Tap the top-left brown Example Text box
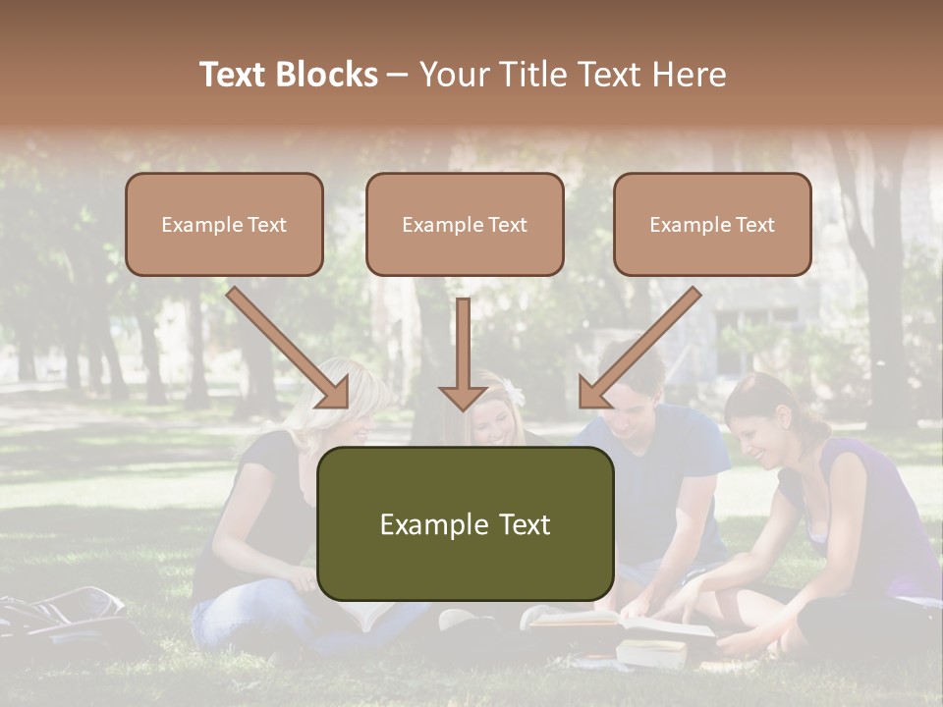224,224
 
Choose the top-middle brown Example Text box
465,224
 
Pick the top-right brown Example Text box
712,224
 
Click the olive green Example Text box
465,523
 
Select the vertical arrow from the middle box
463,353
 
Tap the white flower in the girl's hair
515,395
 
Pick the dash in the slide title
398,75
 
